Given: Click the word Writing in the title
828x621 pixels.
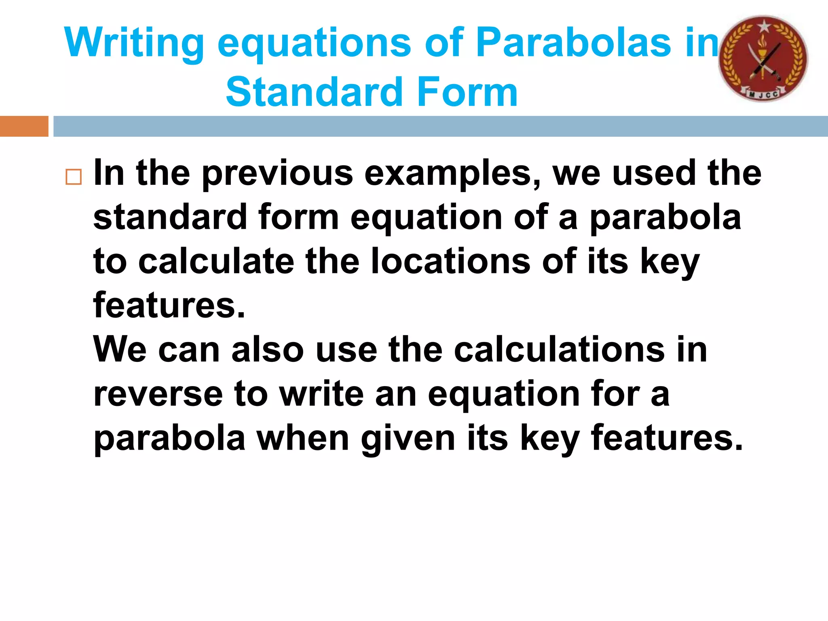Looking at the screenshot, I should [x=134, y=42].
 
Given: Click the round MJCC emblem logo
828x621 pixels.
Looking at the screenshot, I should [x=763, y=59].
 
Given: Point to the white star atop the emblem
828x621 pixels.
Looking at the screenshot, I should [x=764, y=26].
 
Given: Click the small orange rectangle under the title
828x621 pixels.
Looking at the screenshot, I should [x=24, y=126].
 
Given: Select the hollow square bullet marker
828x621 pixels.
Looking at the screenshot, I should [x=73, y=177].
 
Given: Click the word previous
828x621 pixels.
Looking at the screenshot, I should [x=277, y=174].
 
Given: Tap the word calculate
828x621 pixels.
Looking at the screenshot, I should [x=216, y=261].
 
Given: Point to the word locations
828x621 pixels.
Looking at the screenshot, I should [x=450, y=261].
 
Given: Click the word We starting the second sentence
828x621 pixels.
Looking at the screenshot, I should [x=120, y=350].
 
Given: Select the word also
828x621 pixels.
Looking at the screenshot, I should [x=267, y=350].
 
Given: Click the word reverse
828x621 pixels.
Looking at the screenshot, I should [x=158, y=394].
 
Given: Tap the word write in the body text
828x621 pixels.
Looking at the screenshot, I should [x=321, y=394].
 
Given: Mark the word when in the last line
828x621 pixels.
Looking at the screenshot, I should [x=303, y=439].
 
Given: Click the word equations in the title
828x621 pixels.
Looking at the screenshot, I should [x=314, y=42].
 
